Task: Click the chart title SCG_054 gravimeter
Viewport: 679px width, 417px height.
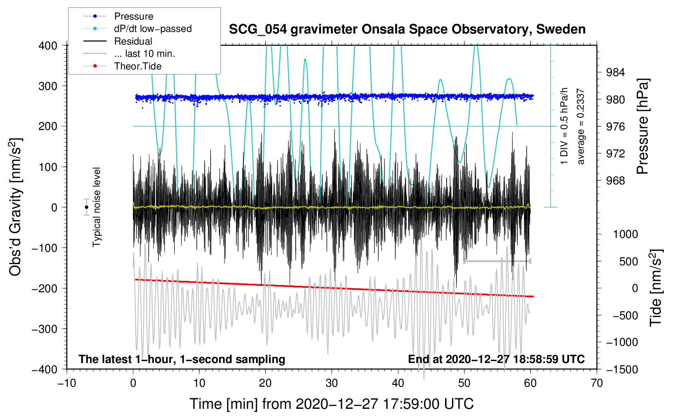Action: pos(407,29)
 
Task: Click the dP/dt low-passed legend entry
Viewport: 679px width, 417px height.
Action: pos(153,29)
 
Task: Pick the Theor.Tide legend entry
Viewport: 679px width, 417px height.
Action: pos(137,66)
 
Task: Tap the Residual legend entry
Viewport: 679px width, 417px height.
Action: pos(133,41)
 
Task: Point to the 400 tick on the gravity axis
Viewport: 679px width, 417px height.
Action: pos(49,45)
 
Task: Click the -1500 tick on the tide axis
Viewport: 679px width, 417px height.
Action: pos(622,369)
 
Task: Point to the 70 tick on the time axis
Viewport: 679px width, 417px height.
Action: pos(597,383)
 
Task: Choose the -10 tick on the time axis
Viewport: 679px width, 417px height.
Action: pos(67,383)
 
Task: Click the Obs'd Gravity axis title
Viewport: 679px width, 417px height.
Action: pos(15,207)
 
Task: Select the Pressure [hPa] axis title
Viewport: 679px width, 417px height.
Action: pos(643,127)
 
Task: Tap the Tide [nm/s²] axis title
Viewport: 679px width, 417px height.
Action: pos(656,288)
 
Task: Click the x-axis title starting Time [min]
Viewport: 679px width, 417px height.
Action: pos(331,404)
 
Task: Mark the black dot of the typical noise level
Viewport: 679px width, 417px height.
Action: pos(86,207)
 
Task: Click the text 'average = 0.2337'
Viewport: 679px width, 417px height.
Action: pos(581,127)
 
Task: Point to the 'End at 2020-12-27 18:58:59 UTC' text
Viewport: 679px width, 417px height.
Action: pos(496,359)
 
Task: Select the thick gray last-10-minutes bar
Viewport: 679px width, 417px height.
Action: pos(497,261)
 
